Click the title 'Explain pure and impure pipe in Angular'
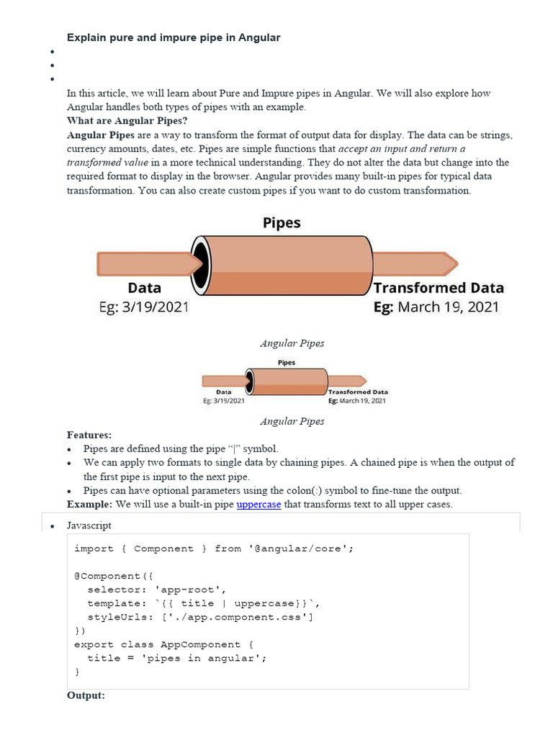(x=174, y=37)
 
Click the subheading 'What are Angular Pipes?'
(x=127, y=121)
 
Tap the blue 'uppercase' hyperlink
(x=258, y=505)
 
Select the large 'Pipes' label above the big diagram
(x=281, y=223)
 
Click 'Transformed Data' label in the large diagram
(x=439, y=288)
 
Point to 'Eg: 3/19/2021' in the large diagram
(x=143, y=307)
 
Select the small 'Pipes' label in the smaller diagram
(x=286, y=363)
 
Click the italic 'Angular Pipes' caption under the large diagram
(x=292, y=343)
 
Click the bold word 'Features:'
(x=89, y=435)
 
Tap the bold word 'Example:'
(x=89, y=505)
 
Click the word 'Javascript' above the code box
(x=89, y=526)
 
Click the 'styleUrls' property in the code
(x=115, y=617)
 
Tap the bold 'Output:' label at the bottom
(x=86, y=696)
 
